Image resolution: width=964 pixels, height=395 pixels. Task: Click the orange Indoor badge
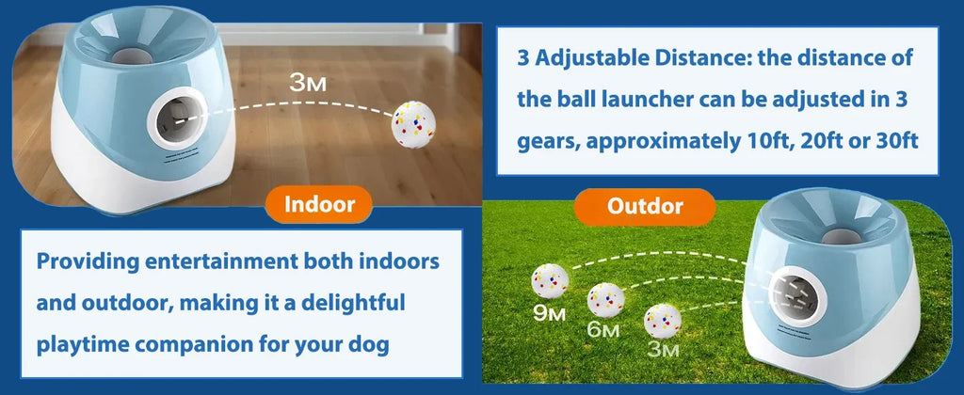(319, 205)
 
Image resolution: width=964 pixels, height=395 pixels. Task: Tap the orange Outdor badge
(646, 204)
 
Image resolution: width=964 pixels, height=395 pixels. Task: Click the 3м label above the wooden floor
(310, 83)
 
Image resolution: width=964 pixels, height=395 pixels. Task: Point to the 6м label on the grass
(603, 330)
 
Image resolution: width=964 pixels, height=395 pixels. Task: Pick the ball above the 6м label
(605, 298)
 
